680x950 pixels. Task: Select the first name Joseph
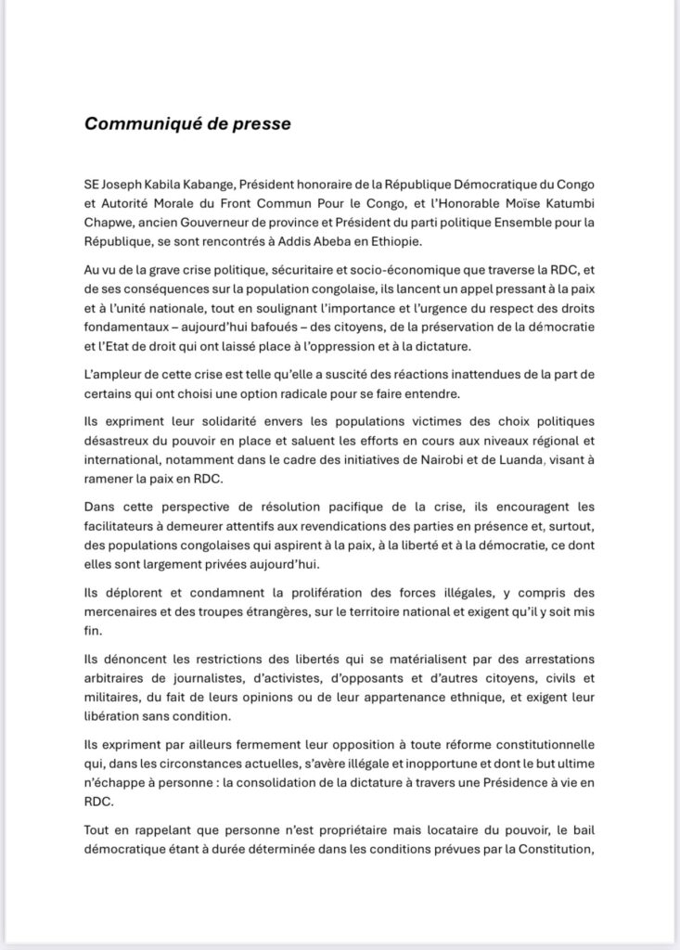(x=129, y=186)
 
